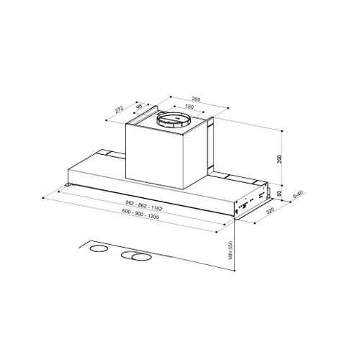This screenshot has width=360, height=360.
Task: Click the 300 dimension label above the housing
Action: [x=196, y=99]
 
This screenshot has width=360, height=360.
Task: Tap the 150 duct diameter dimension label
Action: [x=189, y=107]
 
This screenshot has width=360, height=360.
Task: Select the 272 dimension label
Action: [x=119, y=109]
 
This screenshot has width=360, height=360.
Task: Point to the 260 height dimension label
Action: [x=279, y=159]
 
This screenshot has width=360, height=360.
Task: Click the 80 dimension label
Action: [x=279, y=194]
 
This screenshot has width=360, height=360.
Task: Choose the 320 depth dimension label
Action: [x=270, y=211]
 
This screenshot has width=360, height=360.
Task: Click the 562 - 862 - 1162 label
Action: [x=144, y=206]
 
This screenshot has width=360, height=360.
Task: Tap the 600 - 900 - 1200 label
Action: [x=140, y=214]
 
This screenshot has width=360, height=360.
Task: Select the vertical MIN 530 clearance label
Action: [x=231, y=250]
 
